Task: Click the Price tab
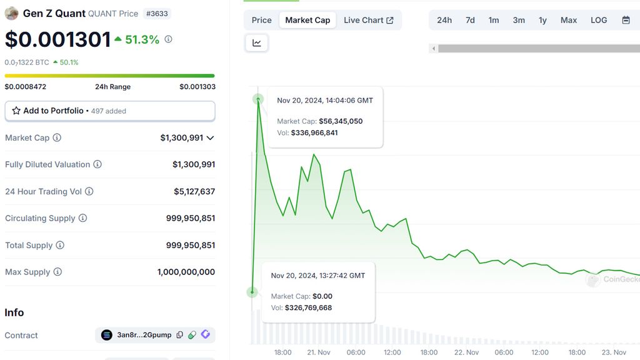click(x=261, y=20)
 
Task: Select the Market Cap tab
click(x=307, y=20)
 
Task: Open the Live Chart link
click(x=368, y=20)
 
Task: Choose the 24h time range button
click(x=444, y=20)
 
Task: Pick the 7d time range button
click(x=470, y=20)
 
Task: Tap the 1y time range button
click(x=542, y=20)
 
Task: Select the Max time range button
click(x=569, y=20)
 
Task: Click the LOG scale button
click(x=599, y=20)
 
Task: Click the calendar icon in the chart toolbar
click(x=626, y=20)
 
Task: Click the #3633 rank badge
click(x=156, y=13)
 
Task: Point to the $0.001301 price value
click(x=57, y=39)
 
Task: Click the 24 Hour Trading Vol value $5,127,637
click(x=194, y=191)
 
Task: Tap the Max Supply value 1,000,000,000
click(x=186, y=272)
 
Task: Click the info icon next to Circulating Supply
click(x=82, y=218)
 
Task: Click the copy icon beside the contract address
click(x=180, y=335)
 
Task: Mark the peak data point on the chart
click(x=258, y=99)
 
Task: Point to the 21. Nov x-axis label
click(x=319, y=352)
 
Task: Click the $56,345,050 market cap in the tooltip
click(x=341, y=121)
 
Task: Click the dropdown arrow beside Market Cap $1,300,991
click(x=210, y=137)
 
